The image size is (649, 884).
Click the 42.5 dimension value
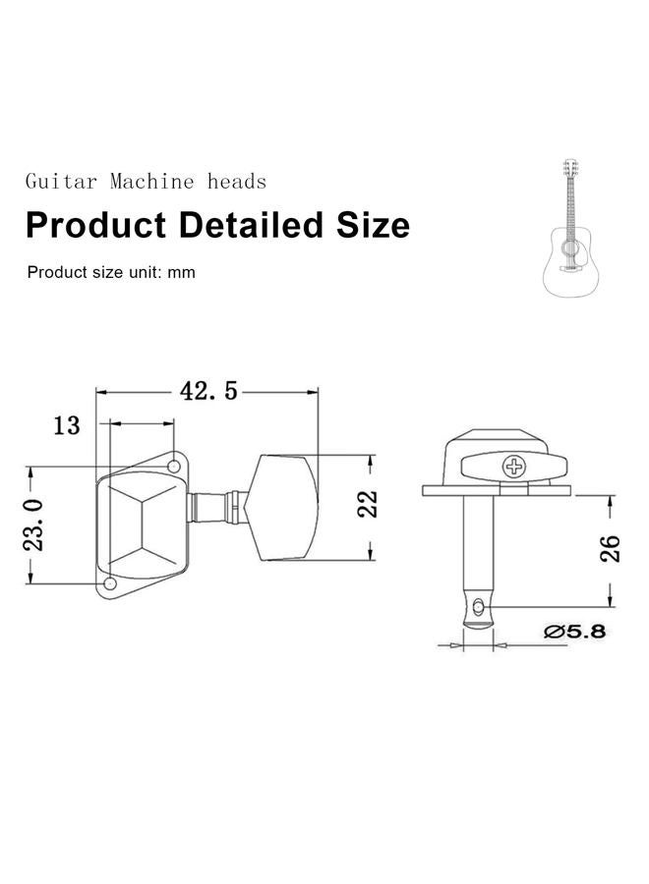pyautogui.click(x=208, y=391)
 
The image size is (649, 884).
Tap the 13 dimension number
pyautogui.click(x=67, y=425)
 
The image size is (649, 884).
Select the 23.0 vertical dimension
pyautogui.click(x=33, y=525)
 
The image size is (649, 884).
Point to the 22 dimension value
pyautogui.click(x=368, y=504)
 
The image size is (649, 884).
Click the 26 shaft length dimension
pyautogui.click(x=610, y=548)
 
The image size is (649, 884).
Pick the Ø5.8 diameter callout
pyautogui.click(x=574, y=632)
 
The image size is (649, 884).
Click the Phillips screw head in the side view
pyautogui.click(x=513, y=467)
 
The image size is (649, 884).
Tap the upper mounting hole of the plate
pyautogui.click(x=174, y=466)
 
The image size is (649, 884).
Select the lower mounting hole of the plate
pyautogui.click(x=110, y=582)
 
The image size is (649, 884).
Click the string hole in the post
pyautogui.click(x=479, y=607)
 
